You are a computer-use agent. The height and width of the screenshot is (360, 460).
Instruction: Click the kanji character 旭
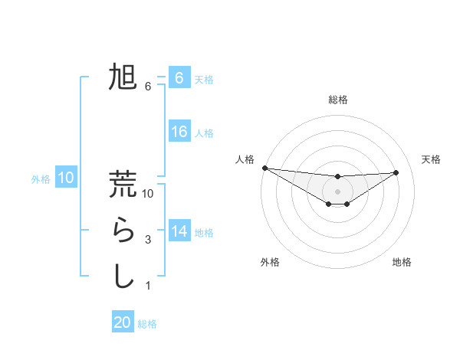123,78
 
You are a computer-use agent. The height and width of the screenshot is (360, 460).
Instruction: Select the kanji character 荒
123,184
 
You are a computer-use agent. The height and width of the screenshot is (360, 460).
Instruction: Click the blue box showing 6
179,78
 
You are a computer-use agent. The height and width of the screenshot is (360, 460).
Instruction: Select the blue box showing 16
179,132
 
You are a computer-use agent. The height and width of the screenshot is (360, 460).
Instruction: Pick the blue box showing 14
179,231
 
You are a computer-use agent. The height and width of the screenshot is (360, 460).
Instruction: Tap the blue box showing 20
123,322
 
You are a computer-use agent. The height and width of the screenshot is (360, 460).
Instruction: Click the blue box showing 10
66,178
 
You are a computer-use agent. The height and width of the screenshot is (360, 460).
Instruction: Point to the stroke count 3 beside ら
148,240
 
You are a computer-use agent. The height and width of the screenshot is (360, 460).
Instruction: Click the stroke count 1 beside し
148,286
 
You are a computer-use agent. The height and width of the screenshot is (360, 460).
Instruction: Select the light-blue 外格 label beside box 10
41,179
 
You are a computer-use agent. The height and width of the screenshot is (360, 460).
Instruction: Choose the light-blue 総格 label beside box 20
147,324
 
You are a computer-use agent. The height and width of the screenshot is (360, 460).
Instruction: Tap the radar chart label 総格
338,100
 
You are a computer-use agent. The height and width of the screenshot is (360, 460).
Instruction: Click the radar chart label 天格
431,159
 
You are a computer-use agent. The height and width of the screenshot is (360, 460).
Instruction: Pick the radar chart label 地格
402,262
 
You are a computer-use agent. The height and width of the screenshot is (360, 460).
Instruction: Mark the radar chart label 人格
245,159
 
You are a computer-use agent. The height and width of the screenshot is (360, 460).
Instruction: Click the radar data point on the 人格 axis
264,168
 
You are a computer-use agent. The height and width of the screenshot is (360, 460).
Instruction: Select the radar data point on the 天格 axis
396,172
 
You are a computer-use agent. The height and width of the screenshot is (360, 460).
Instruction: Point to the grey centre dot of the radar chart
338,191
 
